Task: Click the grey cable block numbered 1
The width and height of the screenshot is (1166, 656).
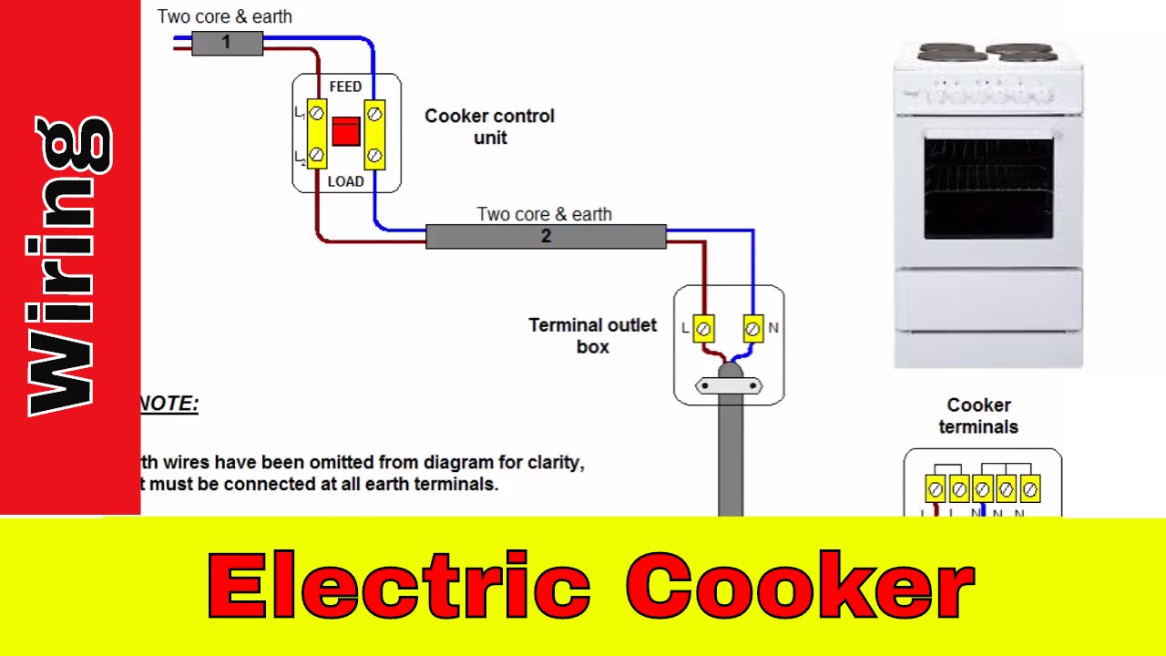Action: pos(227,43)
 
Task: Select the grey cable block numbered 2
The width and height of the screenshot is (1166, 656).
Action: pos(546,237)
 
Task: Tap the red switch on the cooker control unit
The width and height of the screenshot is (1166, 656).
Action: pos(346,132)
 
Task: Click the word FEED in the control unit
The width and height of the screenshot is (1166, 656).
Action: pos(345,87)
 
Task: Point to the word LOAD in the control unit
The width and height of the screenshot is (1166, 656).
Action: pos(345,181)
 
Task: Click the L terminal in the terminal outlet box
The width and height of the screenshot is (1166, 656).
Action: pos(704,328)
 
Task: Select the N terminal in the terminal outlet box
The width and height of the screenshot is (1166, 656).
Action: pos(752,328)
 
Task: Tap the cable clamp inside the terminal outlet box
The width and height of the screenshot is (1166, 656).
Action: pos(729,386)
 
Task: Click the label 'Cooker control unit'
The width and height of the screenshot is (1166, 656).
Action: pos(489,127)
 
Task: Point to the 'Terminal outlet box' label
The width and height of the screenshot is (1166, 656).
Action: pos(592,335)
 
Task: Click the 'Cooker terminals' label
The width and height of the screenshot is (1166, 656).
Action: pos(978,415)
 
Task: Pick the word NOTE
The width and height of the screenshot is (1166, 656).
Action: pos(169,404)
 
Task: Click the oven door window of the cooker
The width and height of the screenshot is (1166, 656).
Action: pos(988,188)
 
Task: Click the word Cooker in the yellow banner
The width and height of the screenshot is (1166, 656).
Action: pos(800,586)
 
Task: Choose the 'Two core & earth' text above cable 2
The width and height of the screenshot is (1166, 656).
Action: pos(544,214)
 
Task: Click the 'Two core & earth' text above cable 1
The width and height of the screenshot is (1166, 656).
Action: pos(224,16)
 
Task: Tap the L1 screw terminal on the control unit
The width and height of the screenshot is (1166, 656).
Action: pos(316,113)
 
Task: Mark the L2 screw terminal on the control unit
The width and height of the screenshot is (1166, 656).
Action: pos(316,156)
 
